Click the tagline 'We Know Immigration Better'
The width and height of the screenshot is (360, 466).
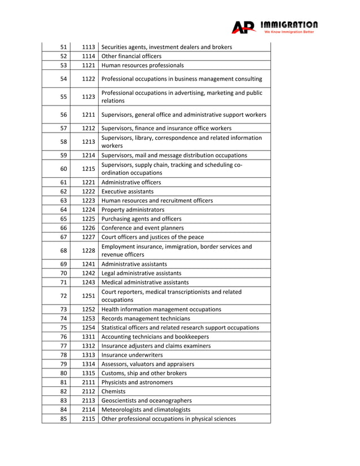coord(289,32)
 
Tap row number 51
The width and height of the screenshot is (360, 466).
coord(64,47)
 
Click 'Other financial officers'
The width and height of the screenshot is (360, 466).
coord(131,56)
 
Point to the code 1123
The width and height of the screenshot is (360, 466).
coord(88,96)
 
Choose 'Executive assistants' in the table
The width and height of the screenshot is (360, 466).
coord(128,191)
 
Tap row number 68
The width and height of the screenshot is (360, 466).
coord(64,250)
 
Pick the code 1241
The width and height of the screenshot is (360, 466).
coord(88,264)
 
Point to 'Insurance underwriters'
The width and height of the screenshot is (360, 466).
coord(132,355)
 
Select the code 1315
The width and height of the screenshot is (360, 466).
coord(88,373)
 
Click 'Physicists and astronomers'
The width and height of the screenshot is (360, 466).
coord(137,382)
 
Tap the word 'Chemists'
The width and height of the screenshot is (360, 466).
coord(113,391)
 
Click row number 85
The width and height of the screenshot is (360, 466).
coord(64,419)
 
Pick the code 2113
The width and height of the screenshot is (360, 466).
coord(88,401)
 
